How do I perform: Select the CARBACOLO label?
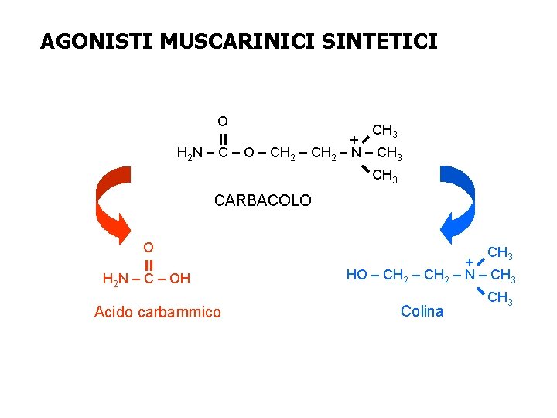(x=262, y=200)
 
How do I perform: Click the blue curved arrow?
(x=456, y=203)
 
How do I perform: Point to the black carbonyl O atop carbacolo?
(x=222, y=121)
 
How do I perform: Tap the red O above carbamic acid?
(x=148, y=248)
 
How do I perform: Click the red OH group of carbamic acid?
(x=179, y=279)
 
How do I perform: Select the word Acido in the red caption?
(x=113, y=312)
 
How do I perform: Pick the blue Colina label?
(x=422, y=311)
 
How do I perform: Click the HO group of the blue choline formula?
(x=357, y=275)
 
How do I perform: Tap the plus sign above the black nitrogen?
(x=354, y=139)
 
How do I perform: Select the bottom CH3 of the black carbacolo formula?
(x=385, y=176)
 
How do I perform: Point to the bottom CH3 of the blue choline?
(x=501, y=299)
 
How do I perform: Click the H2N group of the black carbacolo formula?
(x=188, y=152)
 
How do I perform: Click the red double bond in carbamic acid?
(x=148, y=263)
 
